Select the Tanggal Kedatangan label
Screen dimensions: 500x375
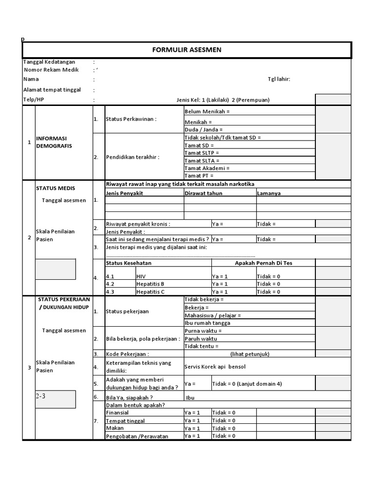pyautogui.click(x=49, y=62)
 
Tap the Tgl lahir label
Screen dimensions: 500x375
pyautogui.click(x=279, y=79)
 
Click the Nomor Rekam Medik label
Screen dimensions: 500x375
pyautogui.click(x=51, y=70)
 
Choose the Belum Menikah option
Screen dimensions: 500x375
pyautogui.click(x=207, y=111)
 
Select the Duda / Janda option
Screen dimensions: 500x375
pyautogui.click(x=204, y=129)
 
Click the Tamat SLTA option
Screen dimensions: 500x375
pyautogui.click(x=202, y=160)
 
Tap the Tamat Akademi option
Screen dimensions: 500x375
pyautogui.click(x=207, y=168)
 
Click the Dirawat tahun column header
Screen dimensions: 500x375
pyautogui.click(x=204, y=193)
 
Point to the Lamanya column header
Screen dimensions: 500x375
pyautogui.click(x=269, y=193)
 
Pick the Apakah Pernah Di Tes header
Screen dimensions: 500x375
pyautogui.click(x=264, y=263)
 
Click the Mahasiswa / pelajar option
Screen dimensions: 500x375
pyautogui.click(x=212, y=315)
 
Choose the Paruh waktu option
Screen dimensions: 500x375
pyautogui.click(x=201, y=338)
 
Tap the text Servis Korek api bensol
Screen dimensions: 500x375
pyautogui.click(x=215, y=366)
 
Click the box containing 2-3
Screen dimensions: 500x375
pyautogui.click(x=55, y=398)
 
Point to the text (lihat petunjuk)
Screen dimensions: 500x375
pyautogui.click(x=250, y=354)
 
